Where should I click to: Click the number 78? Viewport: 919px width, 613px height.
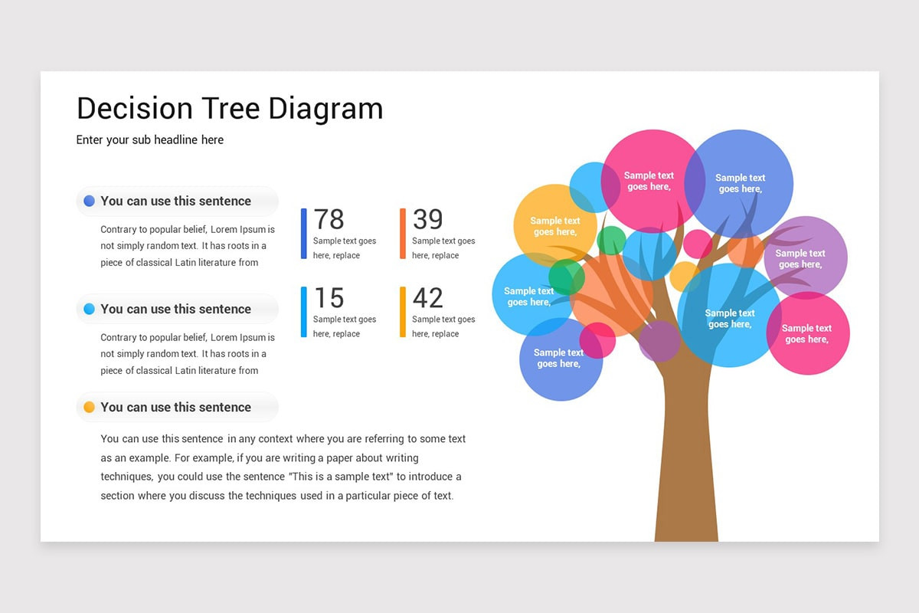click(329, 219)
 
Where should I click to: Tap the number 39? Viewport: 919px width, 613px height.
click(428, 219)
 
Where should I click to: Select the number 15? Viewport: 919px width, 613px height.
click(329, 297)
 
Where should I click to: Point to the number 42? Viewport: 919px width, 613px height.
click(428, 297)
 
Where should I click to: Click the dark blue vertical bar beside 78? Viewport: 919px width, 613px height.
click(303, 234)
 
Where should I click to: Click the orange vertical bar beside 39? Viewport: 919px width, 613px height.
click(403, 234)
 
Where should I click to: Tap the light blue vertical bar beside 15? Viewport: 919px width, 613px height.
click(303, 312)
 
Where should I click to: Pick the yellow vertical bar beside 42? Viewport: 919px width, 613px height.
click(403, 312)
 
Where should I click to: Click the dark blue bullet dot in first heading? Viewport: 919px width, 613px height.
click(89, 201)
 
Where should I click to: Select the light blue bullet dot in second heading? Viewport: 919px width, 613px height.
click(89, 309)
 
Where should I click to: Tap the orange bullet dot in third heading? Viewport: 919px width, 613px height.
click(89, 407)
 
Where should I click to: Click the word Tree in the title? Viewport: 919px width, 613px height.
click(231, 108)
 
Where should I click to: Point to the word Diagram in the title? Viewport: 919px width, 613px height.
click(325, 110)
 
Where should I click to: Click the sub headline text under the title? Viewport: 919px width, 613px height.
click(150, 140)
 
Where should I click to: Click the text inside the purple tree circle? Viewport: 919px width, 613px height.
click(800, 259)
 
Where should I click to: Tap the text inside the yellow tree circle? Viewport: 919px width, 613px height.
click(555, 226)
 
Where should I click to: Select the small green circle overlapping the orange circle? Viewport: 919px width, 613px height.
click(567, 277)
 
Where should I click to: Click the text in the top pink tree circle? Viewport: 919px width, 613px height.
click(649, 181)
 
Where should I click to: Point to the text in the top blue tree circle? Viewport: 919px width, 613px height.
click(740, 183)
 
